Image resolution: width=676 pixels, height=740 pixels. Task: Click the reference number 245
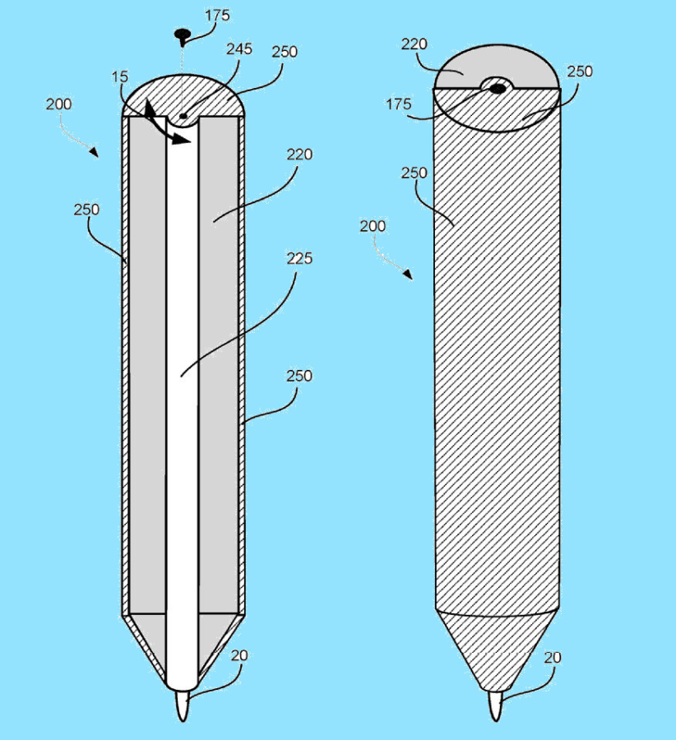(x=238, y=49)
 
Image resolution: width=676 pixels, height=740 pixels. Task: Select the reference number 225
(x=299, y=258)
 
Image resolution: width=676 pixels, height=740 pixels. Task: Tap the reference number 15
(x=120, y=77)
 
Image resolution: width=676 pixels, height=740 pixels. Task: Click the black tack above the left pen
(x=183, y=35)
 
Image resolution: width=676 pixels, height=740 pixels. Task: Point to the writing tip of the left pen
(x=183, y=705)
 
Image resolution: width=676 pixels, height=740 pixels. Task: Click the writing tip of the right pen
(x=496, y=706)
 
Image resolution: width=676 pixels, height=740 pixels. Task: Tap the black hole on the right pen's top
(x=497, y=88)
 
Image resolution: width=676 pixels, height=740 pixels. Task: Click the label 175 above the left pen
(x=217, y=16)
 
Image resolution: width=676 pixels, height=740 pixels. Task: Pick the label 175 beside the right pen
(x=399, y=104)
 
